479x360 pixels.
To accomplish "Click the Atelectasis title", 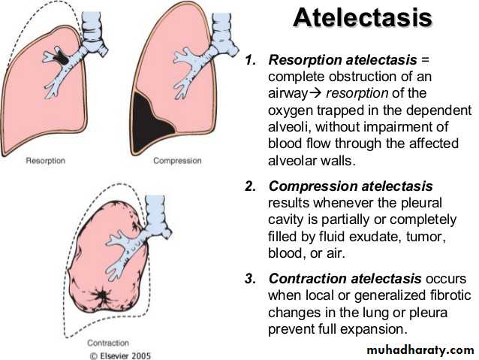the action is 363,17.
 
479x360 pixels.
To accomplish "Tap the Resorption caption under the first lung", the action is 46,161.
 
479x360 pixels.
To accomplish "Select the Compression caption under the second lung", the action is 177,161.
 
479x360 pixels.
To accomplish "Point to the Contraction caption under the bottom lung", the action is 108,343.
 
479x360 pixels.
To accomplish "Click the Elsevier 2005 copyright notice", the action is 120,355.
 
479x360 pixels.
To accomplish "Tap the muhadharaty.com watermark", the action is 420,349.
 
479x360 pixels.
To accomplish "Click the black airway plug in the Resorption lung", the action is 61,56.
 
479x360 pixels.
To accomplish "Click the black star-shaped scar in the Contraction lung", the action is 101,296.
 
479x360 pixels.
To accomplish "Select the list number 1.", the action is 251,60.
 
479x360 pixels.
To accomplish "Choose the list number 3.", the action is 251,279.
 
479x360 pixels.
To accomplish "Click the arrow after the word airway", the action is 315,93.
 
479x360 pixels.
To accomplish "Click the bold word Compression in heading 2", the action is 312,186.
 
